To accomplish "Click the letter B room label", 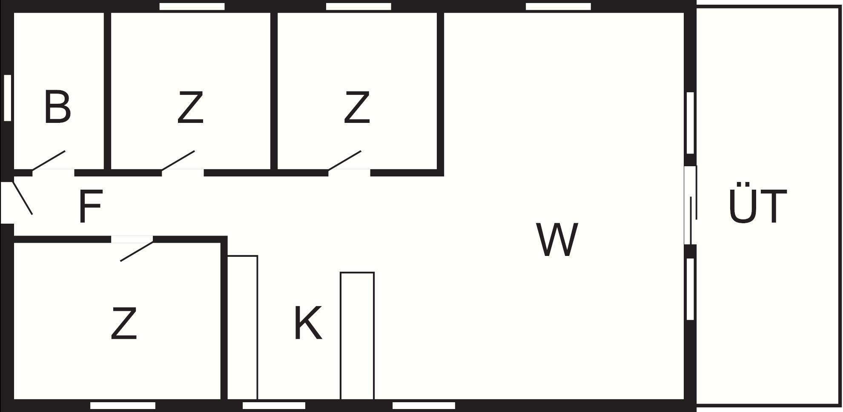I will click(x=57, y=108).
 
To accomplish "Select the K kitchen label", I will click(x=308, y=324).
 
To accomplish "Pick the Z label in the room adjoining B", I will click(x=190, y=108).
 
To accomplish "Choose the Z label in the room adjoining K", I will click(x=124, y=324).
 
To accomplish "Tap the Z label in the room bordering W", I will click(x=357, y=108).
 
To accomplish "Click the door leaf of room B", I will click(x=49, y=161).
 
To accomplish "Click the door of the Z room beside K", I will click(x=137, y=251).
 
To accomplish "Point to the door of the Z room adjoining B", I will click(x=178, y=161).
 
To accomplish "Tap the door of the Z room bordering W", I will click(x=344, y=161).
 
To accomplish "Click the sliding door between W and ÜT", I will click(x=691, y=205).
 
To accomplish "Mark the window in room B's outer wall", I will click(x=7, y=98).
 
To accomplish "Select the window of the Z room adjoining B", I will click(x=192, y=6).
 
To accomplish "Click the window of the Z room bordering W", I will click(x=358, y=6).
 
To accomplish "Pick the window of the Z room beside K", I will click(x=123, y=406).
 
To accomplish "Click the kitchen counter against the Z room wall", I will click(x=242, y=327).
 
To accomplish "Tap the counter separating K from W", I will click(x=357, y=336).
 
